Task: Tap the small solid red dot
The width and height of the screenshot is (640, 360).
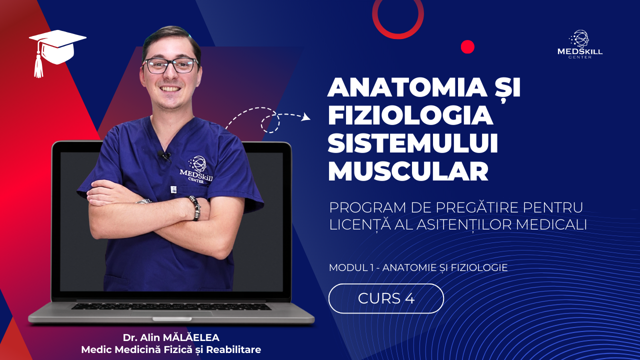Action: point(467,47)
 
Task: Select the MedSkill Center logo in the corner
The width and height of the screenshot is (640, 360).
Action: point(579,44)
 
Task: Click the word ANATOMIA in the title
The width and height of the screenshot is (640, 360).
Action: point(407,87)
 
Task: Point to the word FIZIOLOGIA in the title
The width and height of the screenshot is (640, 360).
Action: point(410,115)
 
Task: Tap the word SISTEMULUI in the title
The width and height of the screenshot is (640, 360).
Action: point(413,143)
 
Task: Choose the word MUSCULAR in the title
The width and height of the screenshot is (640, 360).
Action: point(408,171)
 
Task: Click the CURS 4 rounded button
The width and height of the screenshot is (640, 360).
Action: point(386,298)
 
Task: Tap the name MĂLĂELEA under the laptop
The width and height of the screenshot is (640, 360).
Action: point(191,337)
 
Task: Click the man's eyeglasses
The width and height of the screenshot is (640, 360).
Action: point(170,65)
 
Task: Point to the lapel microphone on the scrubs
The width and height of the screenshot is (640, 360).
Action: point(165,155)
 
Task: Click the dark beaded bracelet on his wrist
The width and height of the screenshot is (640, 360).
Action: point(195,207)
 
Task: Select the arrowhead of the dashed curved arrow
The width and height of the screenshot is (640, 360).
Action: point(306,117)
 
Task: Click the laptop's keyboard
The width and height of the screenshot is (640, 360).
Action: point(171,306)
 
